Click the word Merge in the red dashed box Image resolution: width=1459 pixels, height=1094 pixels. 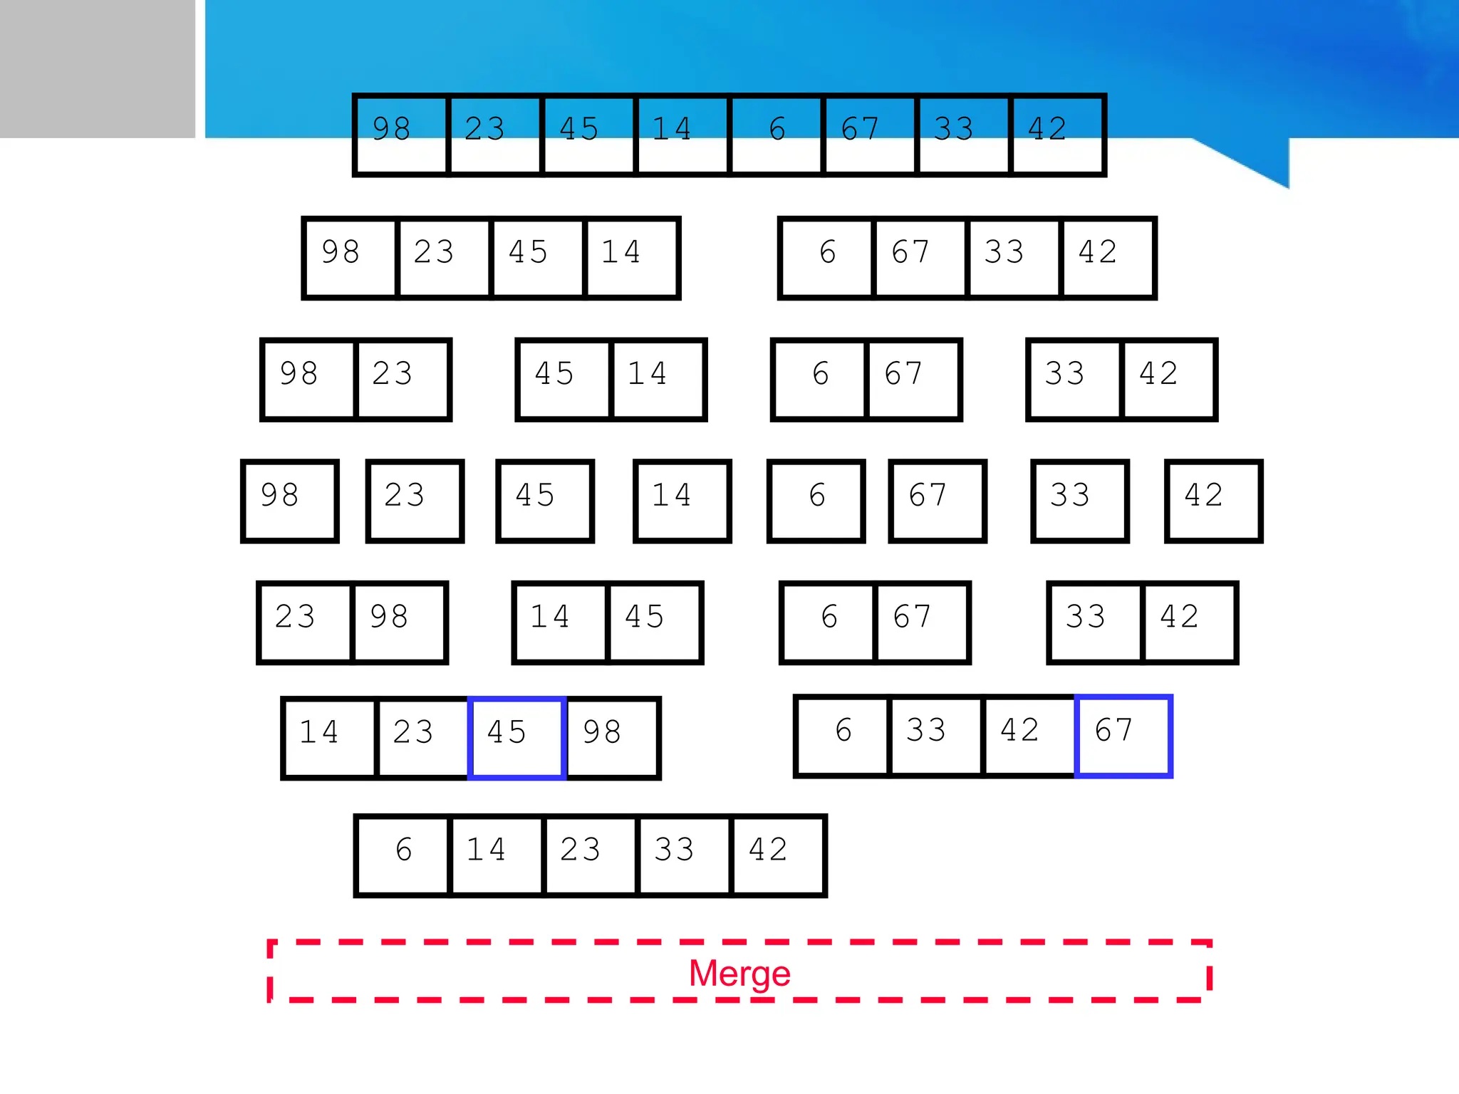739,973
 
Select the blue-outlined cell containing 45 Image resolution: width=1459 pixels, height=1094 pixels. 516,738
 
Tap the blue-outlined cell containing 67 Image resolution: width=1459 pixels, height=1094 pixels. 1123,736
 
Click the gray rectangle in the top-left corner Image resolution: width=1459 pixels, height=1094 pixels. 97,68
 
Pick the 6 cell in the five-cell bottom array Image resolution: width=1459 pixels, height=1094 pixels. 403,855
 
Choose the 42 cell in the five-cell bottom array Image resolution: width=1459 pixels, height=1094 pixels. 778,855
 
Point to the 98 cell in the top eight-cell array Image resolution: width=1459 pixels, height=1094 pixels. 401,135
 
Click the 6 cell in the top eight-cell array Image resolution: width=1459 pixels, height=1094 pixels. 777,135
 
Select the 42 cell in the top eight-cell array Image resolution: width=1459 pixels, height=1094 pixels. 1057,135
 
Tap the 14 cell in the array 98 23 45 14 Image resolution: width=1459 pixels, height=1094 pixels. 631,258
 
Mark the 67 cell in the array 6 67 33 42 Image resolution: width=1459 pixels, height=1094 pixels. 919,258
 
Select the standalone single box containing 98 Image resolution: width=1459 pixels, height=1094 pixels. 289,501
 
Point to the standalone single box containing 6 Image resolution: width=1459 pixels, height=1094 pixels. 816,501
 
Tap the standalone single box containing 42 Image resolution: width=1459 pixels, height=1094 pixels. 1213,501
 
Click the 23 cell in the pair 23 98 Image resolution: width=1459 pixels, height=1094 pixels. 305,622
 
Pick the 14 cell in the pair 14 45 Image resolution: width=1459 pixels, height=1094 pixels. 560,622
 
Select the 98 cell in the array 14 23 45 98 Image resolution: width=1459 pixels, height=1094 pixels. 612,738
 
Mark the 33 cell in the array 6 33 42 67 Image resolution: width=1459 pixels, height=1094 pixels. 935,736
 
